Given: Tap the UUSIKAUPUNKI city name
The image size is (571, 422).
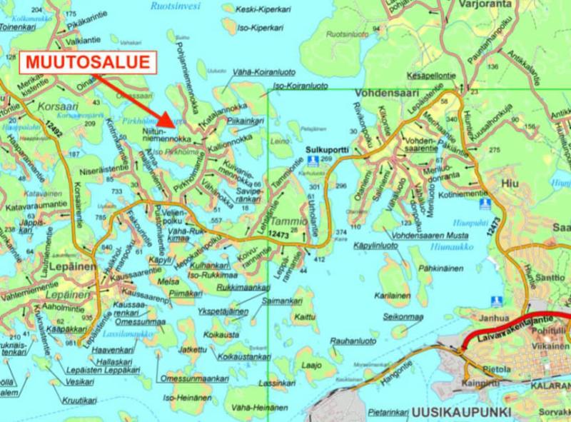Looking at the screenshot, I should (x=453, y=413).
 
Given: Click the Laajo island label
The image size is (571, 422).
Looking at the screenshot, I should (x=308, y=365).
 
